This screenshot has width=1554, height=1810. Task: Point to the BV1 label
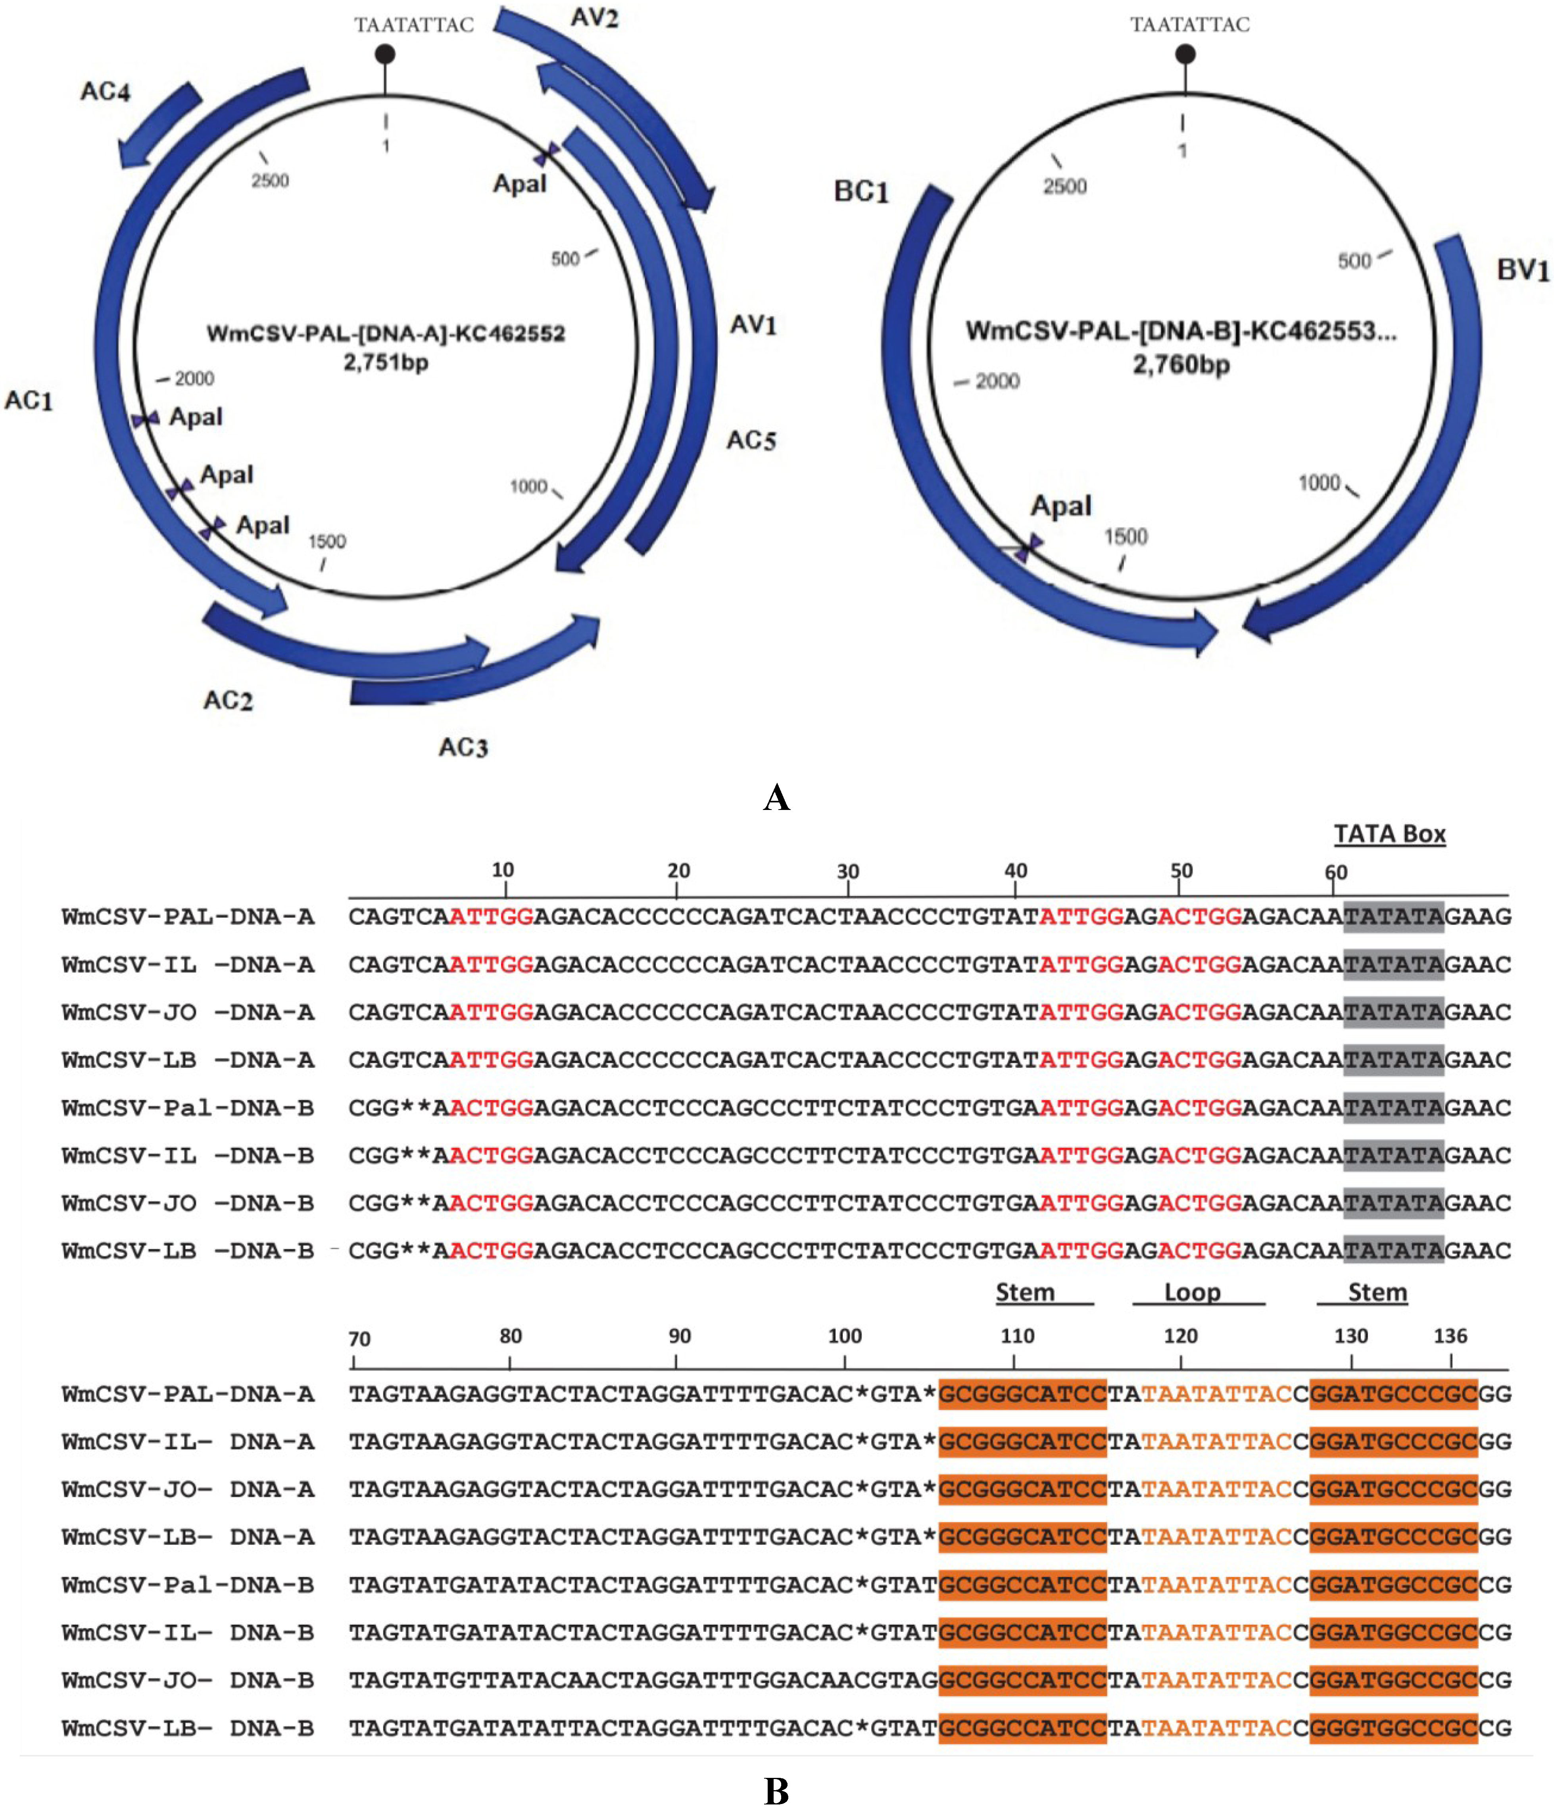[x=1523, y=270]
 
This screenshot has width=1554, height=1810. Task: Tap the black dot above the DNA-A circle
[x=385, y=54]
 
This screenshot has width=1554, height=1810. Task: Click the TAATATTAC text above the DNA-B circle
[x=1190, y=25]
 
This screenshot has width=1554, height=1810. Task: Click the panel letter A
[x=776, y=798]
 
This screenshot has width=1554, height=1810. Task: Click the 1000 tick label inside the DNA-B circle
[x=1319, y=483]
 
